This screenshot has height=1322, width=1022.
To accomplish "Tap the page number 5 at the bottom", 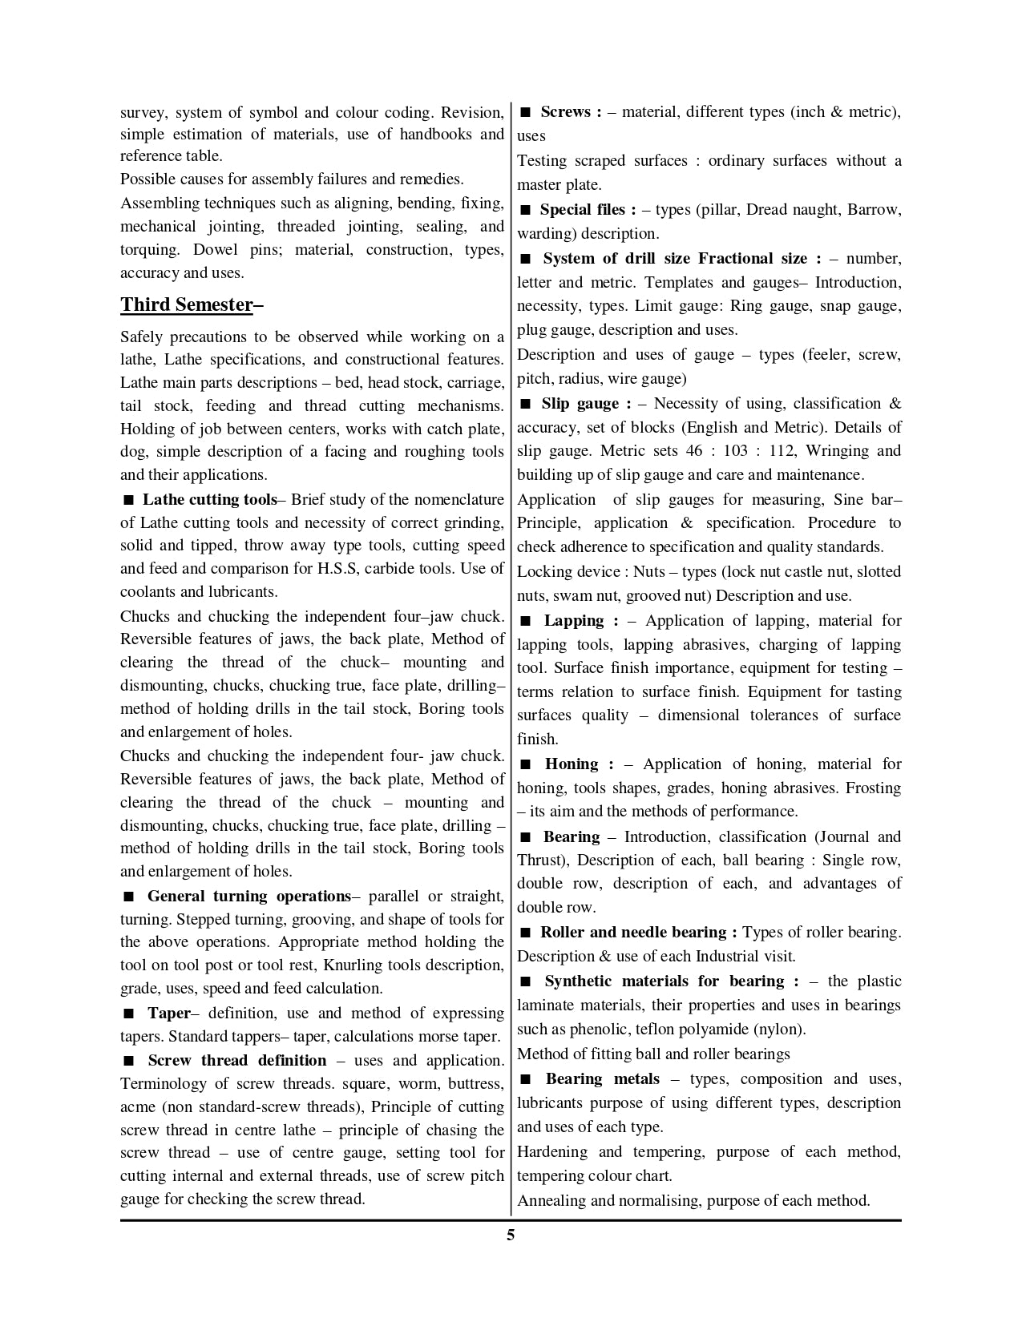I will coord(511,1235).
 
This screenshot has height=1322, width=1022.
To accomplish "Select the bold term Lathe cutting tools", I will coord(209,500).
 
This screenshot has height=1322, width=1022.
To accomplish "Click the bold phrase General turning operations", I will coord(248,897).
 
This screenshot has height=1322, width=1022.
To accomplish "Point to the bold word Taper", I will coord(168,1014).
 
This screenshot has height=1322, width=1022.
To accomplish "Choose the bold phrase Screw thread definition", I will coord(236,1061).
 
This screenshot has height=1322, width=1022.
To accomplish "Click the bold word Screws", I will coord(566,112).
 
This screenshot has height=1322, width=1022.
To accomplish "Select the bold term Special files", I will coord(583,210).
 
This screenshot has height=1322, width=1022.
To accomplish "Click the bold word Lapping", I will coord(574,621).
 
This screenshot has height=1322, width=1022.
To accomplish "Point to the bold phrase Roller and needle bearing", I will coord(633,933).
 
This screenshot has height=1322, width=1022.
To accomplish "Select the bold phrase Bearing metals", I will coord(603,1079).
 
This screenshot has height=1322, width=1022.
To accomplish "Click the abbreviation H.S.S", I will coord(341,569).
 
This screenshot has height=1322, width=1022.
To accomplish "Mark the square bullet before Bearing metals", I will coord(526,1080).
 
